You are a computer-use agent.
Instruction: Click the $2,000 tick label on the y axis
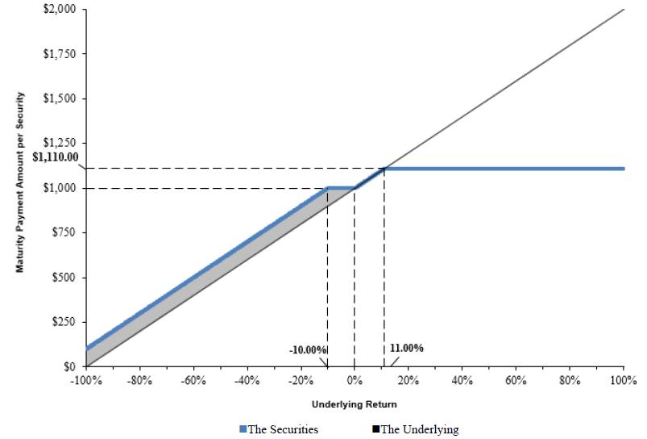coord(59,10)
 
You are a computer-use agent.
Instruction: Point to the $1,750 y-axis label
coord(59,54)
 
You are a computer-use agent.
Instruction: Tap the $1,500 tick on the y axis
coord(59,98)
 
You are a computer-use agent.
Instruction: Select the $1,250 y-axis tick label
coord(59,144)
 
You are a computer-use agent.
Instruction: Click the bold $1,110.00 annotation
coord(55,157)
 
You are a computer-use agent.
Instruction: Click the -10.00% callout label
coord(308,349)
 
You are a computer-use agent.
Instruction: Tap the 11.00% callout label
coord(406,349)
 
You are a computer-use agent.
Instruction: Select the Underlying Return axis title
coord(354,403)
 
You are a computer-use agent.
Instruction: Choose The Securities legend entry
coord(279,429)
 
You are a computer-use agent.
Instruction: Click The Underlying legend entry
coord(415,429)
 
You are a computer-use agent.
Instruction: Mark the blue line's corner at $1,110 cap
coord(384,168)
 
